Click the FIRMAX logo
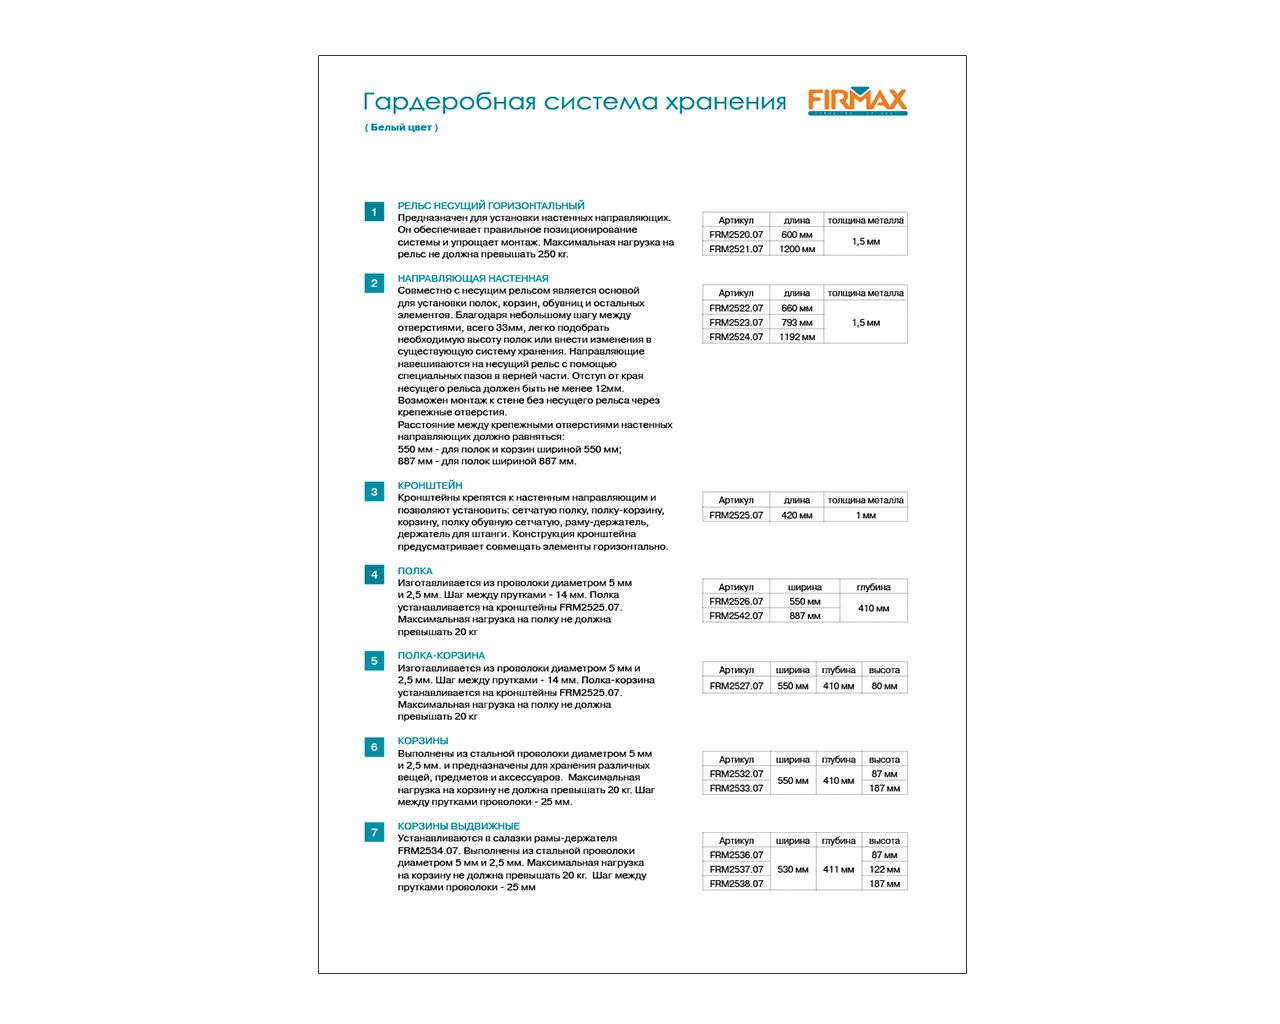click(x=857, y=101)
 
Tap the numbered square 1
click(x=374, y=212)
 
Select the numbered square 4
click(x=374, y=574)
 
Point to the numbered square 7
click(x=374, y=832)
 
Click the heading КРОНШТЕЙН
click(x=430, y=485)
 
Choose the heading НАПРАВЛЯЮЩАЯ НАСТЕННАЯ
click(x=473, y=278)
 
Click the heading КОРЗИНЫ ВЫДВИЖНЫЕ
click(x=459, y=826)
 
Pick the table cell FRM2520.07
click(x=736, y=235)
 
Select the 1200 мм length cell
click(x=797, y=249)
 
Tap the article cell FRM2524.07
click(x=736, y=337)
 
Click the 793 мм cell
click(x=797, y=322)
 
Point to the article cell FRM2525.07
click(x=736, y=515)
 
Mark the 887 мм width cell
click(x=805, y=616)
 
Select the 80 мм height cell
click(x=884, y=686)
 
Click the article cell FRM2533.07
click(x=736, y=788)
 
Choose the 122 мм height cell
click(x=884, y=869)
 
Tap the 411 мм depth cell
click(x=838, y=869)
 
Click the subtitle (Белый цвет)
click(x=401, y=127)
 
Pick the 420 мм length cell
click(x=797, y=515)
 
